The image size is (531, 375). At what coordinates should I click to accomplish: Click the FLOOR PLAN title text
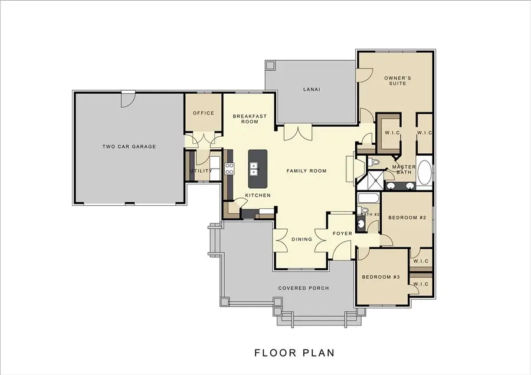(x=294, y=353)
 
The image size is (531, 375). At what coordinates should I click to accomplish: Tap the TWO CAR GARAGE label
(x=129, y=146)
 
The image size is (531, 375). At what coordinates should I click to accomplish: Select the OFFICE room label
(x=204, y=113)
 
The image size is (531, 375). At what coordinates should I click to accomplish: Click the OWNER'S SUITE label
(x=397, y=81)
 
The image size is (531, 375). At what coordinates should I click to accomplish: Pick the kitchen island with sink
(x=257, y=163)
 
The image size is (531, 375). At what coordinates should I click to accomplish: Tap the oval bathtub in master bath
(x=425, y=173)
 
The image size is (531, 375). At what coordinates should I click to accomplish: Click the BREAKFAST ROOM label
(x=246, y=119)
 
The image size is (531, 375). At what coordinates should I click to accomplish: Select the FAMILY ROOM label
(x=306, y=171)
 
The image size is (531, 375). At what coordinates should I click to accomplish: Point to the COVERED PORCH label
(x=303, y=288)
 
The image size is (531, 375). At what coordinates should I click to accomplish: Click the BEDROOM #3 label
(x=381, y=277)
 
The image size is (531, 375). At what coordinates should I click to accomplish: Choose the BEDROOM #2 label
(x=407, y=218)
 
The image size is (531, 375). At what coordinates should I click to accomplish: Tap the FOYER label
(x=342, y=233)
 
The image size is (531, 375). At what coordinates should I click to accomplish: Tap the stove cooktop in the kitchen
(x=230, y=169)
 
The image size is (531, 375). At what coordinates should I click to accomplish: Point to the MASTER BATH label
(x=404, y=170)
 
